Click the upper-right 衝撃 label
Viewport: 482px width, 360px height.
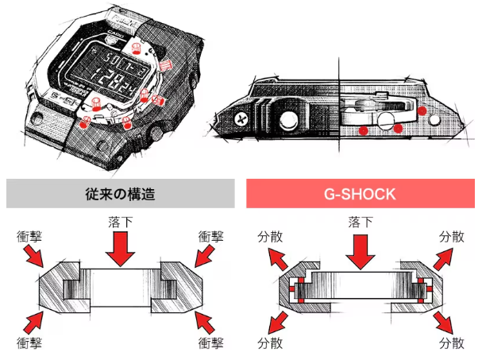coord(210,236)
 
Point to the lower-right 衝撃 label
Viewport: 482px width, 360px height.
coord(210,343)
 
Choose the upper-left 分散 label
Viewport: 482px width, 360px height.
coord(270,236)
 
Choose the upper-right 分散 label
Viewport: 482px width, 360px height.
coord(452,236)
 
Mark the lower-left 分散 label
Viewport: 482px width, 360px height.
coord(270,343)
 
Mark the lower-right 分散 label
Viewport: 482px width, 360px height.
coord(452,343)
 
